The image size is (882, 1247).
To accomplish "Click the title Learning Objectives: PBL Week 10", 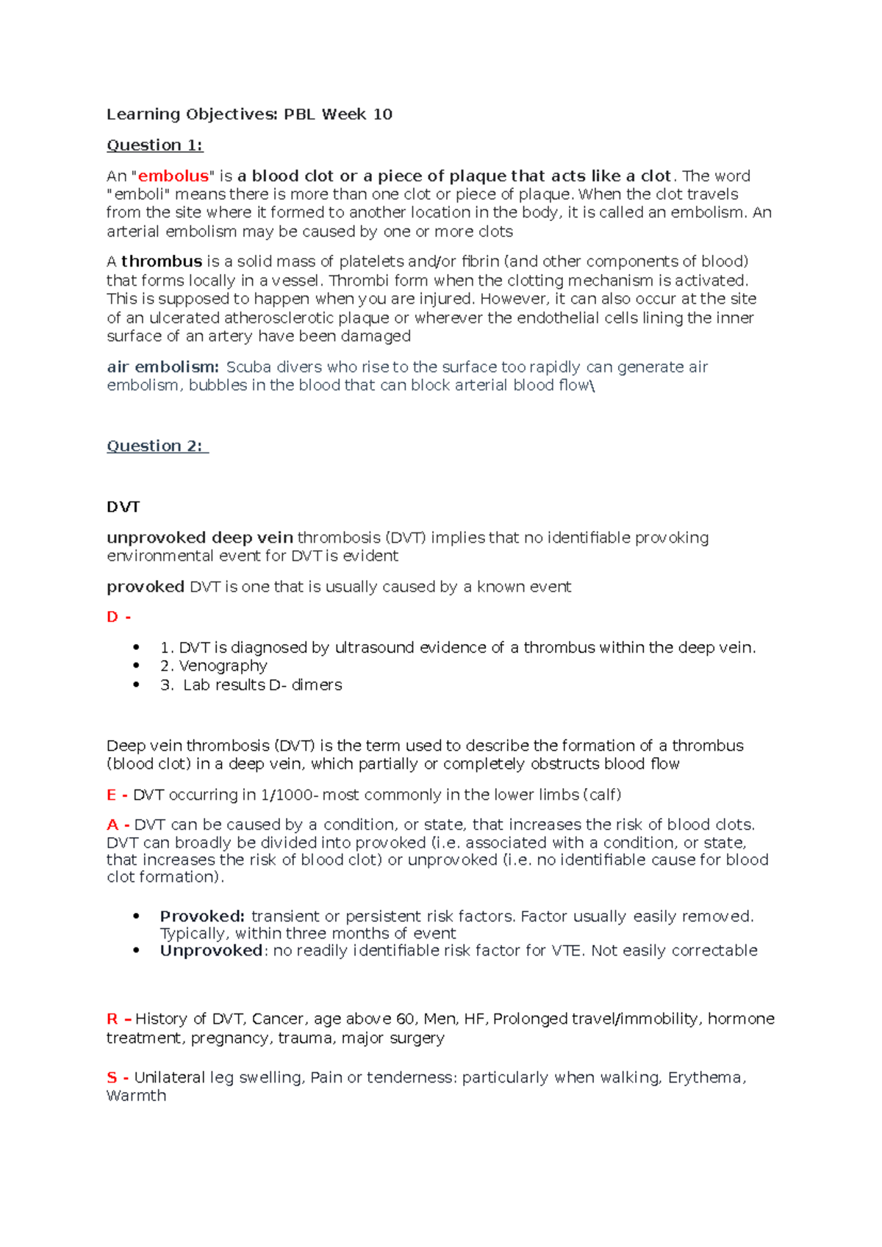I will pyautogui.click(x=249, y=114).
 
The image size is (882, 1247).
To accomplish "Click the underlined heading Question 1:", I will pyautogui.click(x=154, y=145).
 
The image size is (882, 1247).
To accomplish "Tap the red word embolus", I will pyautogui.click(x=173, y=176).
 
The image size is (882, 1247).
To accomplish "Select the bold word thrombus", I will pyautogui.click(x=162, y=261).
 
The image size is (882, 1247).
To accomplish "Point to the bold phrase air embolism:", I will pyautogui.click(x=162, y=366).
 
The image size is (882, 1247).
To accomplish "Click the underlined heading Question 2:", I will pyautogui.click(x=157, y=446).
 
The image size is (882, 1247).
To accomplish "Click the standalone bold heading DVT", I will pyautogui.click(x=123, y=507).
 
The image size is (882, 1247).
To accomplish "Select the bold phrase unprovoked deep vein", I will pyautogui.click(x=199, y=538).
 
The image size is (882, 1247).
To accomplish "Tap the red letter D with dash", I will pyautogui.click(x=118, y=617).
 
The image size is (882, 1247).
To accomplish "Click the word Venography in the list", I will pyautogui.click(x=223, y=665).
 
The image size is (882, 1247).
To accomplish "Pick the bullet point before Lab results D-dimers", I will pyautogui.click(x=136, y=684).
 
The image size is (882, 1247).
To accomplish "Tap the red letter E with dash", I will pyautogui.click(x=117, y=795).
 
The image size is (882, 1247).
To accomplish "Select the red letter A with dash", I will pyautogui.click(x=118, y=825).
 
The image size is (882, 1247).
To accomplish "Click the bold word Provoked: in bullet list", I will pyautogui.click(x=202, y=917).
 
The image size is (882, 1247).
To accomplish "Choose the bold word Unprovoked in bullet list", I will pyautogui.click(x=211, y=950).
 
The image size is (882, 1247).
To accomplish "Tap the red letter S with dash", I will pyautogui.click(x=118, y=1077).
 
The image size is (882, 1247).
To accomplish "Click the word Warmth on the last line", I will pyautogui.click(x=136, y=1096).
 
